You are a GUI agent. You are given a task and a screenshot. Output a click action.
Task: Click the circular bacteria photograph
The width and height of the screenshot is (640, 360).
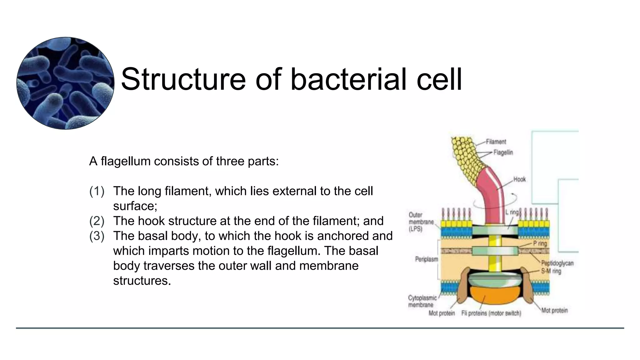tap(65, 83)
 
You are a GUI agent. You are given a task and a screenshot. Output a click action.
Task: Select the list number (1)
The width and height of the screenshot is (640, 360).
tap(97, 191)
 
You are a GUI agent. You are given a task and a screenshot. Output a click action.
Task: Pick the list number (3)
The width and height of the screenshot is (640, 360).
tap(97, 236)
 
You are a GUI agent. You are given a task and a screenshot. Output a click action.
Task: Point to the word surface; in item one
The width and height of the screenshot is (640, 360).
tap(135, 206)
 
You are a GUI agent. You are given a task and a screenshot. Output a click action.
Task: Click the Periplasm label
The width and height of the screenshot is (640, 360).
tap(426, 259)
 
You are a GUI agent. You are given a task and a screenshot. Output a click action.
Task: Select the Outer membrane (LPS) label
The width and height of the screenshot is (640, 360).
tap(421, 222)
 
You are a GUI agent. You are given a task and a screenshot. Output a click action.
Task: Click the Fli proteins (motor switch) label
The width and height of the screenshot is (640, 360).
tap(491, 313)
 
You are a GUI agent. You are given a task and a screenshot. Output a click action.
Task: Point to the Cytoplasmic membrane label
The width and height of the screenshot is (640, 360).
tap(422, 301)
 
